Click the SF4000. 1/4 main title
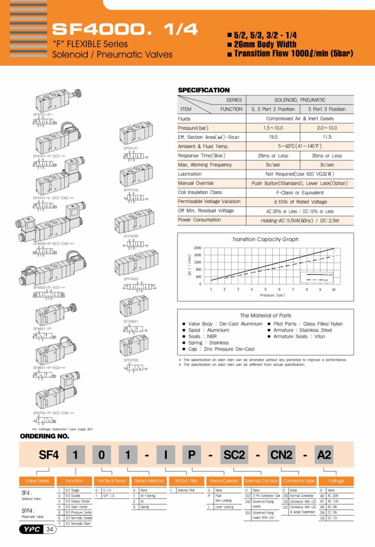click(125, 29)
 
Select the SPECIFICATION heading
click(204, 90)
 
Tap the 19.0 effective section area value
click(273, 137)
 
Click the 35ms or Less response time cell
click(327, 156)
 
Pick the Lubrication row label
click(189, 174)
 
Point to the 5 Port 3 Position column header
click(327, 109)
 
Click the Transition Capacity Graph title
click(265, 239)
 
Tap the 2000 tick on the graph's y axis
click(197, 248)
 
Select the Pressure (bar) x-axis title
click(272, 295)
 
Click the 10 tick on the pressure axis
click(334, 289)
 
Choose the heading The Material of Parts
click(266, 315)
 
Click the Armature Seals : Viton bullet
click(299, 336)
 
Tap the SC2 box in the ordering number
click(234, 455)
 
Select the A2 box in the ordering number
click(324, 455)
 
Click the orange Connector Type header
click(299, 481)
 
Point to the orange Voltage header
click(336, 481)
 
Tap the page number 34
click(50, 529)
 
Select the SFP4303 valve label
click(131, 279)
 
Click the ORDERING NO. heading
click(44, 436)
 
